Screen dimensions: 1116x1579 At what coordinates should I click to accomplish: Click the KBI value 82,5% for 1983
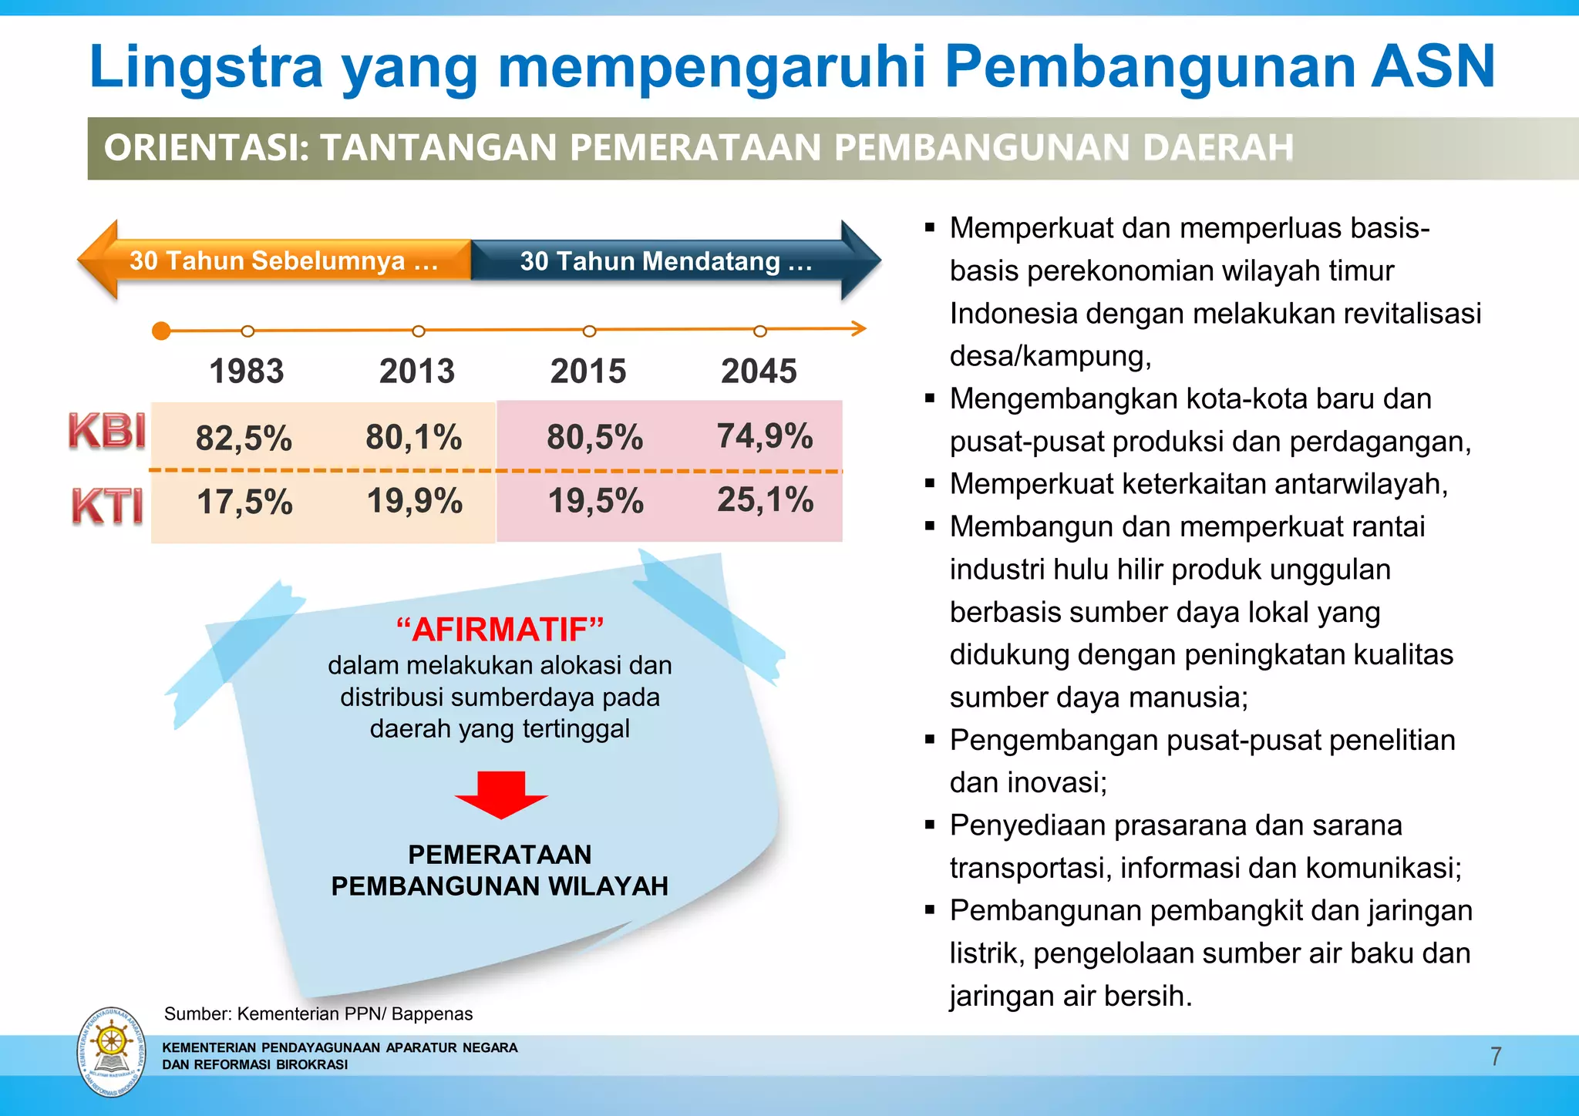(244, 439)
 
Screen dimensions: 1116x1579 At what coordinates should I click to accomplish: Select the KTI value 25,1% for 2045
(765, 500)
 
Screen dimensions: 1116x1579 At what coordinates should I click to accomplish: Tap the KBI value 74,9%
(765, 436)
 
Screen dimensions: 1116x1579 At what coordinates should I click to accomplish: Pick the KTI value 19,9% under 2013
(415, 501)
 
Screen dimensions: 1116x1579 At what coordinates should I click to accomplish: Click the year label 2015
(588, 371)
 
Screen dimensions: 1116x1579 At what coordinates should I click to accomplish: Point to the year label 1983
(247, 371)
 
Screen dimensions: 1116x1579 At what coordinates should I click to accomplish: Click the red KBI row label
(107, 430)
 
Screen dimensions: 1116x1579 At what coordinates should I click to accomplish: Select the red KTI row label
(107, 506)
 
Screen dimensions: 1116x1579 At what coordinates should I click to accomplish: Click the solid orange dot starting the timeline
(161, 331)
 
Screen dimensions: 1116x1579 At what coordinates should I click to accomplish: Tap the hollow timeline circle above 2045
(760, 331)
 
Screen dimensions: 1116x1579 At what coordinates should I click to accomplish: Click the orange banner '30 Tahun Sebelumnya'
(283, 261)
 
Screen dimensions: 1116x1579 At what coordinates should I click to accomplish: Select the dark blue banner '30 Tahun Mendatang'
(666, 261)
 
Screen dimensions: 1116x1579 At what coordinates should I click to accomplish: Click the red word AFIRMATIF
(500, 630)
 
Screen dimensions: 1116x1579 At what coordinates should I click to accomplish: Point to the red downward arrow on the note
(501, 794)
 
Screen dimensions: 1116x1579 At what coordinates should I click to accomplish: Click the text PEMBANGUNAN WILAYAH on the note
(500, 886)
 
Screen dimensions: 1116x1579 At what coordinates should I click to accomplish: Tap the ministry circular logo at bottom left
(112, 1052)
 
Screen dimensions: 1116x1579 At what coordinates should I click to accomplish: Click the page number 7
(1496, 1056)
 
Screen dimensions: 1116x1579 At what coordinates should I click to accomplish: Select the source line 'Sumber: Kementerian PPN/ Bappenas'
(318, 1013)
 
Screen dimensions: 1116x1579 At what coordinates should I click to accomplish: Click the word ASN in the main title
(1433, 67)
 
